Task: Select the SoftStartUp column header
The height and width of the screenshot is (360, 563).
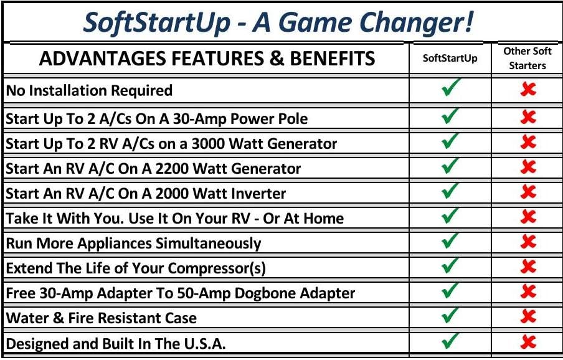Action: click(450, 59)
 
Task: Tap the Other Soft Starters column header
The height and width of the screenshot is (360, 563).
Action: click(528, 59)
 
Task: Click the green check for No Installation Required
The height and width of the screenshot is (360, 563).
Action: click(450, 89)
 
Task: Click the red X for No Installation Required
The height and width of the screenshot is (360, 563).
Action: click(528, 90)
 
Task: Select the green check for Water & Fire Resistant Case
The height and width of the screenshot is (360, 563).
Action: click(450, 315)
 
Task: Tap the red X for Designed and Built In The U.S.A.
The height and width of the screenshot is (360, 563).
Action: click(528, 342)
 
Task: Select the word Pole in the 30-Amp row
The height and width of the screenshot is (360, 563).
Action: click(292, 118)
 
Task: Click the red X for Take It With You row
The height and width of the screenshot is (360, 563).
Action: click(528, 216)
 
